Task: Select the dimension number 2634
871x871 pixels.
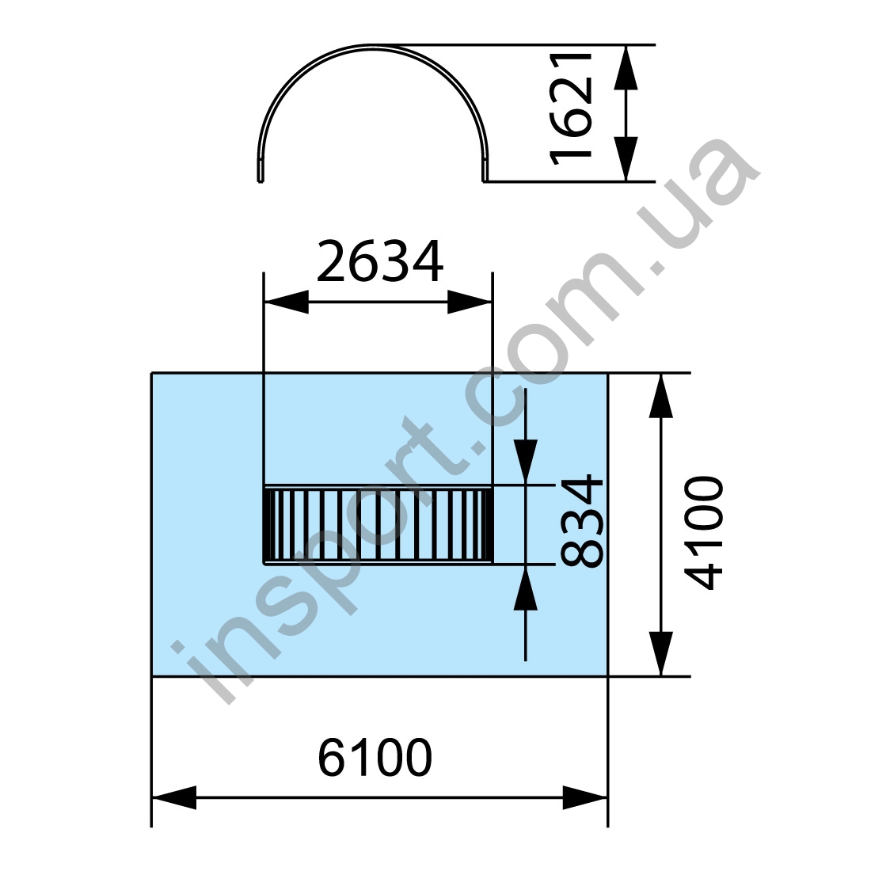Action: [380, 261]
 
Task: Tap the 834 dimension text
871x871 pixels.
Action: [582, 521]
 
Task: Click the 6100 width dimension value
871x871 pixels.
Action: [375, 758]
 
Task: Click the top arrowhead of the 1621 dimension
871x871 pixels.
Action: [626, 67]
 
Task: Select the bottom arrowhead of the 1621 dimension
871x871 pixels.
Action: [626, 158]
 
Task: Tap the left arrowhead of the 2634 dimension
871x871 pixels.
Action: [286, 302]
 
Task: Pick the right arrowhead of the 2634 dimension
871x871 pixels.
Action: [470, 302]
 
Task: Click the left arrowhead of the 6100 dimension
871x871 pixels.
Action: [174, 797]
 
